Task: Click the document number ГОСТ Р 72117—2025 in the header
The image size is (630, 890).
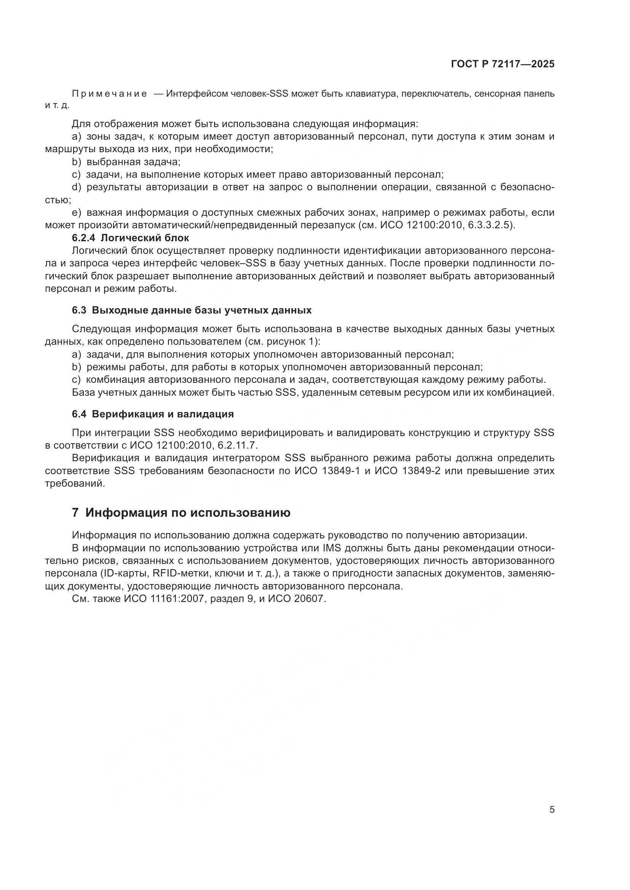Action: (502, 64)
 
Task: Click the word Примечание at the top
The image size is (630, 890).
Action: (109, 94)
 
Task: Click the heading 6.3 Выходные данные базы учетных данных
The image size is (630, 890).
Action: (192, 310)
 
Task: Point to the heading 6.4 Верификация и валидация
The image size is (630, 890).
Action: (153, 414)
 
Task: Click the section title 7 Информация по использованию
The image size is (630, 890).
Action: (181, 513)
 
